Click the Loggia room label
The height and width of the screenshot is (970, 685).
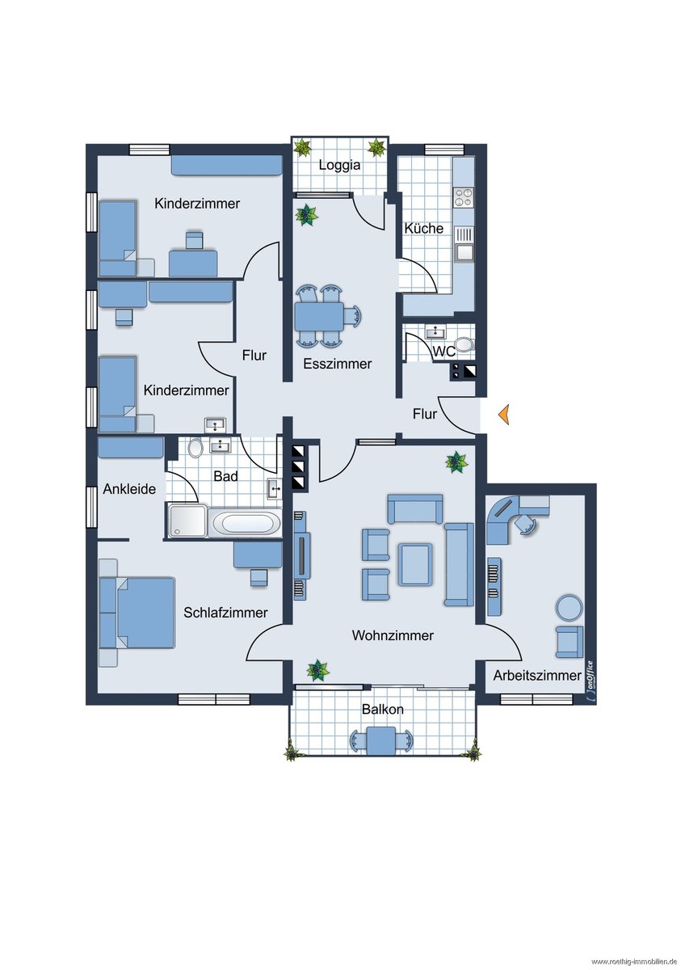(339, 166)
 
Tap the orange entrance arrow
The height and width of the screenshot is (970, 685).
(504, 414)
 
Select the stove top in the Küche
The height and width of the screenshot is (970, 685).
(464, 197)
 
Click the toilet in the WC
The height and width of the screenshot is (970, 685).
(464, 344)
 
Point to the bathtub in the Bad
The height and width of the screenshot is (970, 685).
(246, 523)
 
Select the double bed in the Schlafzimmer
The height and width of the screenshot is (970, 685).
(137, 612)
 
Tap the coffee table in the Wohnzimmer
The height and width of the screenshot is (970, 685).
(415, 564)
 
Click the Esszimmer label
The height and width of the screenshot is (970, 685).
(338, 364)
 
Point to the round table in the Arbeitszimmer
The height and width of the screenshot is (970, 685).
(569, 608)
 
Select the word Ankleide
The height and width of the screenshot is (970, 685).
(129, 489)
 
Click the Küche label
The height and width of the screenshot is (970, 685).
(423, 228)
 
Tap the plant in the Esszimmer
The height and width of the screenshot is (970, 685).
(307, 215)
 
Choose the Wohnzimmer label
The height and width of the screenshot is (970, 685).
(393, 635)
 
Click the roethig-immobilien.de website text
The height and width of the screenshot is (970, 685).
(632, 962)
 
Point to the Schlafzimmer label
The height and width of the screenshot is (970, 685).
(225, 613)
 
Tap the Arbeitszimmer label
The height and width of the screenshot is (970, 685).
(537, 675)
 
